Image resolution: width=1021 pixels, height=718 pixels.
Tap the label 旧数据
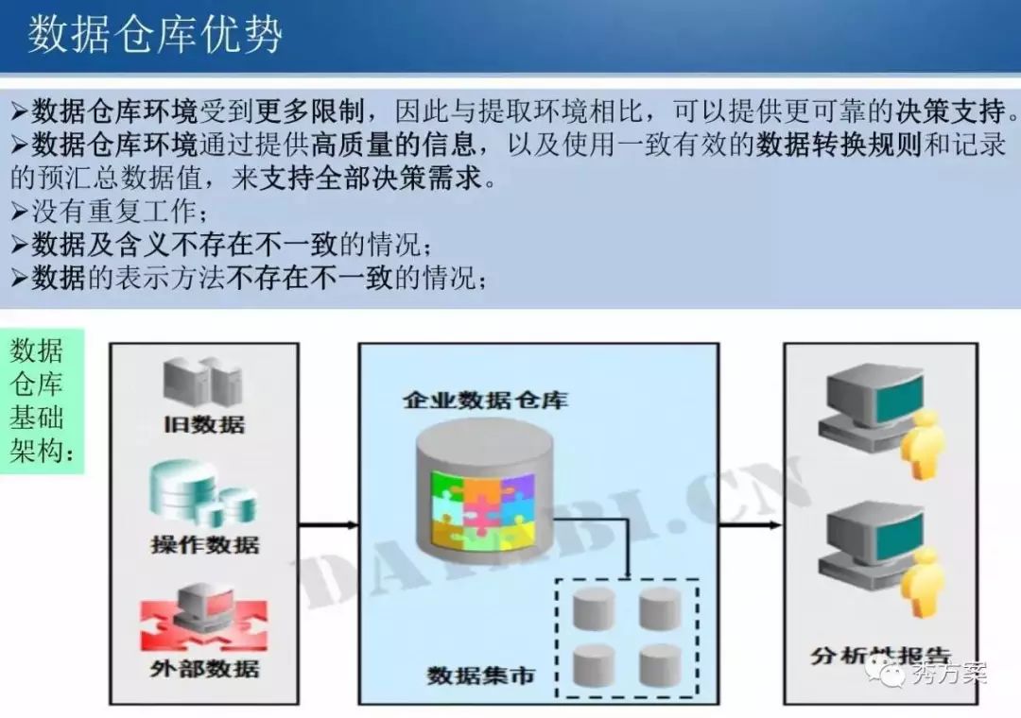[x=203, y=423]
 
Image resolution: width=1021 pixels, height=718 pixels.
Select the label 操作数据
[x=204, y=544]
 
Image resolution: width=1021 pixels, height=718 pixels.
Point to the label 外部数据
[x=204, y=669]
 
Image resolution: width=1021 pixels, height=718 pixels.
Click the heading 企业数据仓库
[x=486, y=399]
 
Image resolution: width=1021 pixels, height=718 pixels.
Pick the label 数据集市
[x=480, y=675]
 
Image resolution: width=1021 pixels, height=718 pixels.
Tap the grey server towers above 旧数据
[x=202, y=381]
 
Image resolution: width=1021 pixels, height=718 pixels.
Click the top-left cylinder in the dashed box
[x=594, y=607]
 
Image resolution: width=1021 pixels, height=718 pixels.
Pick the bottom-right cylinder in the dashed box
[x=660, y=664]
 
